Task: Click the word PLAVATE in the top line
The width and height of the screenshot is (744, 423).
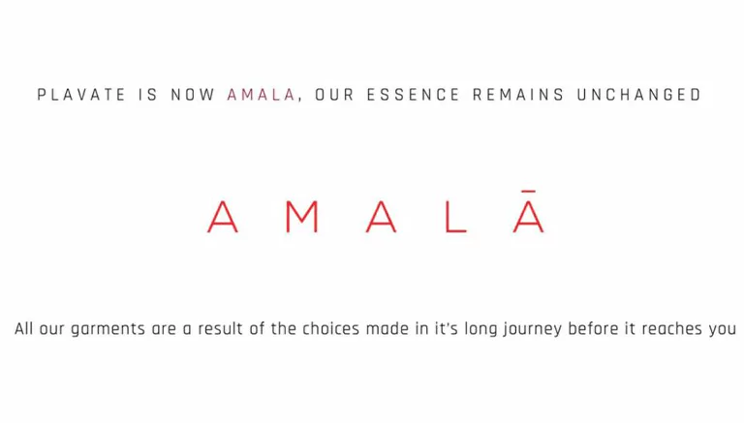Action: pos(81,95)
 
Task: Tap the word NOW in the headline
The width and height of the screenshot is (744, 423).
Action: pos(193,95)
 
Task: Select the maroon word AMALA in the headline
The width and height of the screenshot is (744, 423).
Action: pos(262,95)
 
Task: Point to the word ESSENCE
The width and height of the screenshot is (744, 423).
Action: pos(414,95)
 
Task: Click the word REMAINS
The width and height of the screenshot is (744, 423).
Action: pos(518,95)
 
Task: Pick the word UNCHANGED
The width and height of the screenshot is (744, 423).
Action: pos(639,95)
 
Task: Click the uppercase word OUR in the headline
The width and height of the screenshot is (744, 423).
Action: pos(335,95)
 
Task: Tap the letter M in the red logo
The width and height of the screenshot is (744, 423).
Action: pos(302,217)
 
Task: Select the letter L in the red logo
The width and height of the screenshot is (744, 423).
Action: pos(456,217)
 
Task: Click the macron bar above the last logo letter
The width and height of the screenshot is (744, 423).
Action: pos(529,191)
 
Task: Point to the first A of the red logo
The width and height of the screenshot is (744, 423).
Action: pos(223,217)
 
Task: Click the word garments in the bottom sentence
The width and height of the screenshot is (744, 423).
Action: pos(108,329)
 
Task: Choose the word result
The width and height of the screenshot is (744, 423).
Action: pos(221,329)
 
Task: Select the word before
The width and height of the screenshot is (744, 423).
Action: pos(593,329)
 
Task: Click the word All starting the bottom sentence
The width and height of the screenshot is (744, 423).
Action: pos(23,329)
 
